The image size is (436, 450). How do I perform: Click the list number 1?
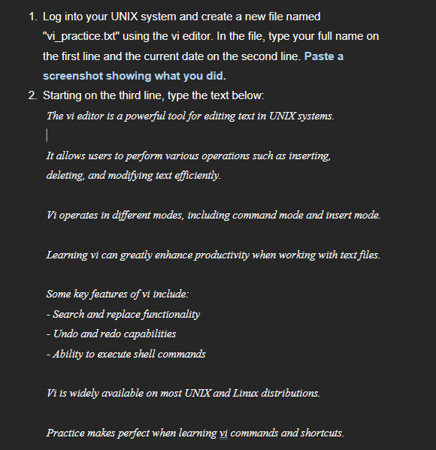coord(31,17)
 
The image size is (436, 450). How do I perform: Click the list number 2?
coord(31,96)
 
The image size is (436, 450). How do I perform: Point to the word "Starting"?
coord(65,96)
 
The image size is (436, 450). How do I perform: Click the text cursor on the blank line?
coord(47,135)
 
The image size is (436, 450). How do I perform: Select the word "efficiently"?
coord(196,175)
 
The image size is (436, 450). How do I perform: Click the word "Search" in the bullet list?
coord(70,314)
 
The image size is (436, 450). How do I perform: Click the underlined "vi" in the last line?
coord(223,433)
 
